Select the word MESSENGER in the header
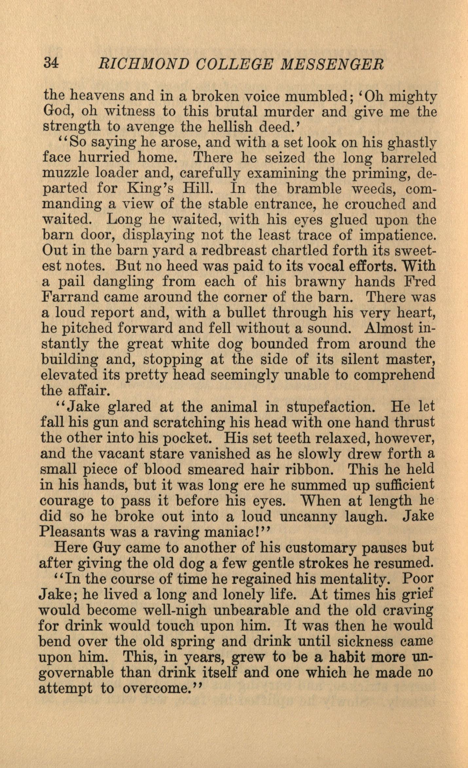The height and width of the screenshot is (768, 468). point(332,64)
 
